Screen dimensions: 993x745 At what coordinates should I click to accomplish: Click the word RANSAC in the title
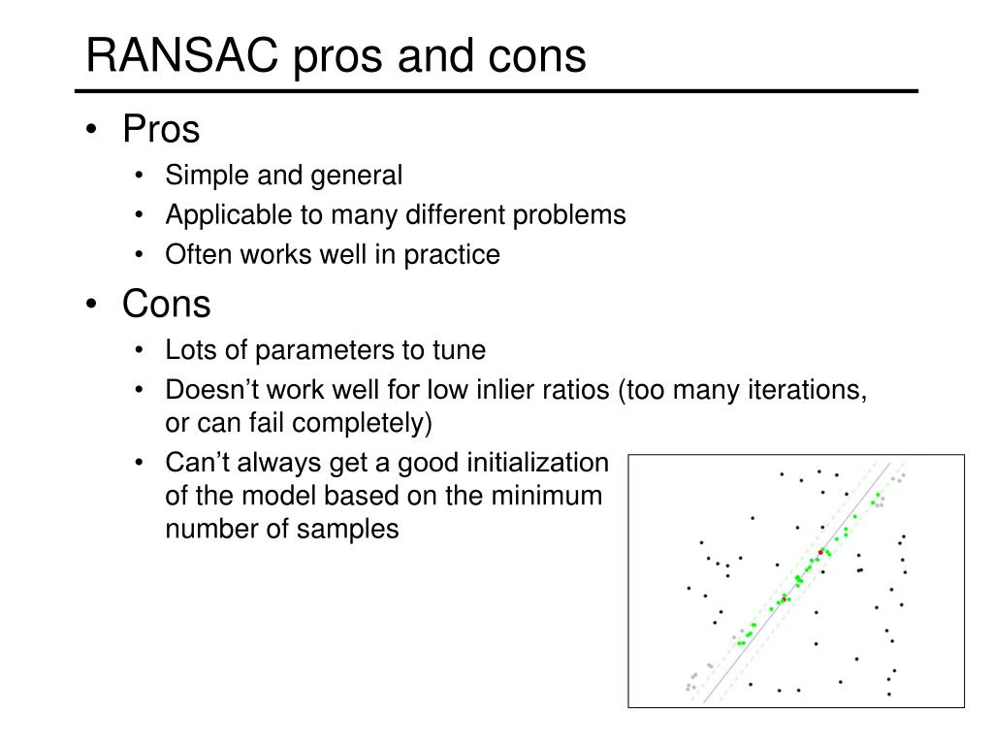181,55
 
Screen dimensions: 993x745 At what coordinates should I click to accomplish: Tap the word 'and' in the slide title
435,55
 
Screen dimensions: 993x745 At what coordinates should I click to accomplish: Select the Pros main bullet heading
161,129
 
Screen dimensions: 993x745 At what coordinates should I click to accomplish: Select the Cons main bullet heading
166,304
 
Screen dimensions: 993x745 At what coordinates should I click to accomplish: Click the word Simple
208,176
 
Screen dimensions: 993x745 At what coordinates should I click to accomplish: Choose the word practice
452,255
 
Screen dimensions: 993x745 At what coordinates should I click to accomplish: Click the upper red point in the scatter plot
820,552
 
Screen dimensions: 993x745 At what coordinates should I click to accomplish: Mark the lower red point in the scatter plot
784,599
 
